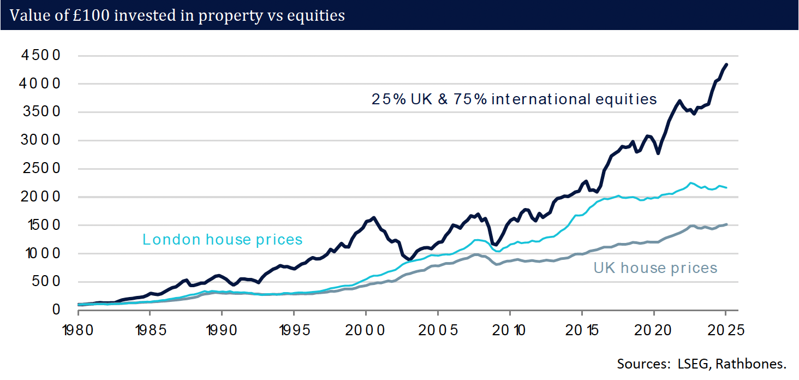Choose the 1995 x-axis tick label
point(294,330)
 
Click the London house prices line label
point(222,239)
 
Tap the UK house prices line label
point(655,268)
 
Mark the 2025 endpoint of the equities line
point(726,64)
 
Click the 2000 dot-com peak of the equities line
point(373,217)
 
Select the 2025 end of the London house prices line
point(726,188)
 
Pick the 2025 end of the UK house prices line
point(726,224)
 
